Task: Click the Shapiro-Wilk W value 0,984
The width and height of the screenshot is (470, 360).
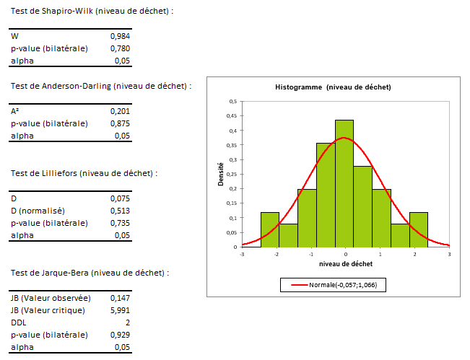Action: [x=120, y=35]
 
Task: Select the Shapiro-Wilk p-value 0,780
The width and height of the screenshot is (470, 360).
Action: [x=120, y=48]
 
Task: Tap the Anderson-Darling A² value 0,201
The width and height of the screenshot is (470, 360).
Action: [x=120, y=111]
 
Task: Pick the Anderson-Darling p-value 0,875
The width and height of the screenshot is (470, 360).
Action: [x=120, y=123]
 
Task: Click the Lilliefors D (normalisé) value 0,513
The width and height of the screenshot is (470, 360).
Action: [x=120, y=211]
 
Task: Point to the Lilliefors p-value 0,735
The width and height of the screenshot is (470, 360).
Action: [x=120, y=223]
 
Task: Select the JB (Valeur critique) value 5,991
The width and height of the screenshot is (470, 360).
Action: [x=119, y=309]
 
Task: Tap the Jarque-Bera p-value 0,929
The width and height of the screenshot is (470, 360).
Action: [x=120, y=335]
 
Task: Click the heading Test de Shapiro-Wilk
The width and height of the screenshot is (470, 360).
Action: [x=92, y=11]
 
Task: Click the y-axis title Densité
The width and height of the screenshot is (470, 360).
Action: [x=221, y=174]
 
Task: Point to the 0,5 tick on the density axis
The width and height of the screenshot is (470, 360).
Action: [x=232, y=102]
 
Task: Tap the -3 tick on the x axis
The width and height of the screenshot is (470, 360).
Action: [x=242, y=254]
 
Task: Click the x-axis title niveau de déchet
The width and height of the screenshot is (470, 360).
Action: [x=345, y=265]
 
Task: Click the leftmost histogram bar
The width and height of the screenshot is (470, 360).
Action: [x=269, y=229]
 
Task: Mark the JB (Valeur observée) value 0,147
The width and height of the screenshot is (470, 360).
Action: [x=120, y=297]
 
